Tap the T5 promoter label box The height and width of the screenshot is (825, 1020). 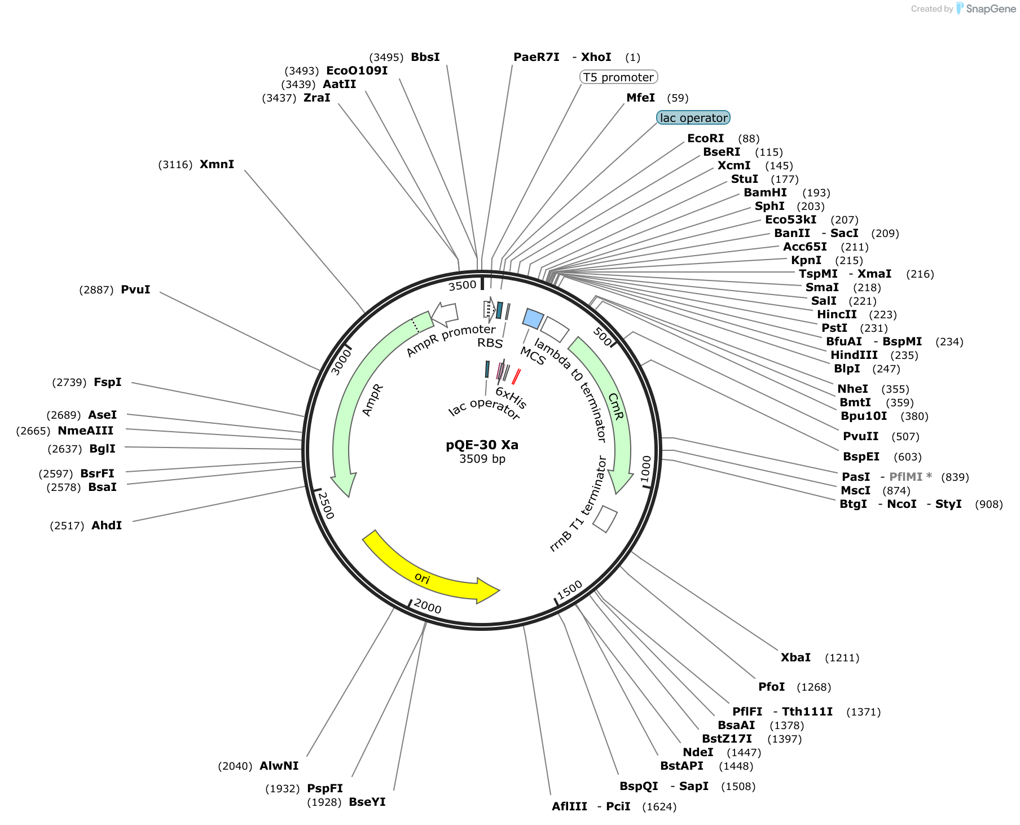pos(619,77)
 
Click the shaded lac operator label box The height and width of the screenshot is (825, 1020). pos(693,118)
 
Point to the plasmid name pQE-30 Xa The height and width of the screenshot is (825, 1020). pos(482,445)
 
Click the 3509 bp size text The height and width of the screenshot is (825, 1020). pos(482,459)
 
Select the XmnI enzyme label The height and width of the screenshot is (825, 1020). pos(217,164)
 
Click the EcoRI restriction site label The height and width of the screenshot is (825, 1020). pos(705,138)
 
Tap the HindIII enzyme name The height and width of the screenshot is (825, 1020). pos(854,355)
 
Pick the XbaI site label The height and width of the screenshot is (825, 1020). pos(795,657)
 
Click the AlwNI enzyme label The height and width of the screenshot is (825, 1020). pos(279,766)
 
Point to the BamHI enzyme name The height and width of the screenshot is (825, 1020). pos(764,192)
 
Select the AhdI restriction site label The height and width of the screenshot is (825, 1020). pos(107,525)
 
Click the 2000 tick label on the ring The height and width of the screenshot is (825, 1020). pos(428,607)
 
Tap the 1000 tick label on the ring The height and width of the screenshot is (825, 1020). pos(646,469)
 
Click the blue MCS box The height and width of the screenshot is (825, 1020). pos(533,319)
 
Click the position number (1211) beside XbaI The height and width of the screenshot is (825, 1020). pos(842,657)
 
